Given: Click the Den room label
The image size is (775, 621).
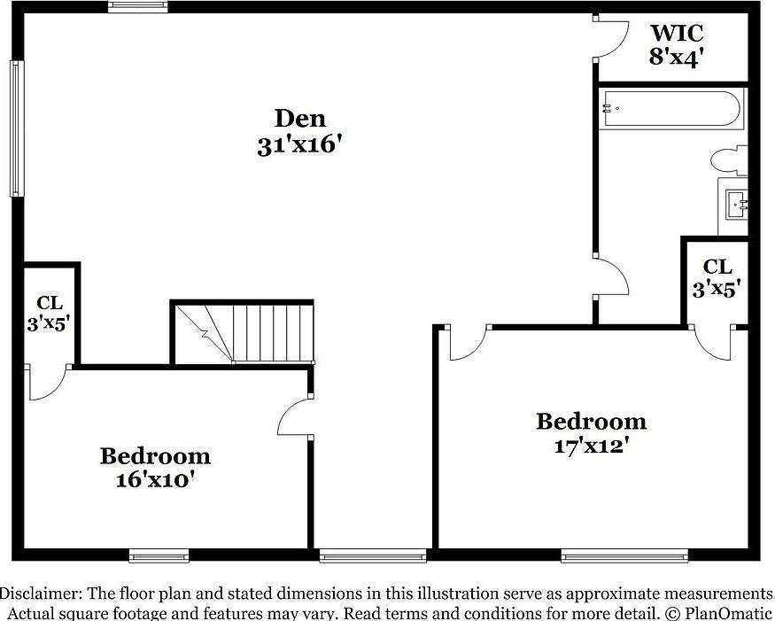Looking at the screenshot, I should pos(299,118).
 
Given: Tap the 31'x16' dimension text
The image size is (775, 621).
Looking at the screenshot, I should pos(299,145).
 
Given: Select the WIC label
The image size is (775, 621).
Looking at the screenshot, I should pos(677,34).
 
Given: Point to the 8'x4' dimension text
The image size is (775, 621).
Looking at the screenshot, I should pos(677,58).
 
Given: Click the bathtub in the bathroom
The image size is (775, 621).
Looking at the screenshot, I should pos(670,110).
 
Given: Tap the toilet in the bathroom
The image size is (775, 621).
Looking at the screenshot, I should pos(728,162).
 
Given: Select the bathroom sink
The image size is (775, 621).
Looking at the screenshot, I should pos(736,205).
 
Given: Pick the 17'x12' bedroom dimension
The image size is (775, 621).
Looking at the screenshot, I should pos(591,446).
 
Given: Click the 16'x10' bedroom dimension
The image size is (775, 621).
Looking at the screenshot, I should pos(155,480).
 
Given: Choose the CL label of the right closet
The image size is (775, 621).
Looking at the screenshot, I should pos(717,266).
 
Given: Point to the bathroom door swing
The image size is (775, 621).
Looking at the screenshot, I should pos(611,276).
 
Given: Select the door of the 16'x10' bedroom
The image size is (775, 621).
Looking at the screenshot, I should pos(295,415).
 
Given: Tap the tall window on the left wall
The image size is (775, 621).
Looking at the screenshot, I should pos(15,128).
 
